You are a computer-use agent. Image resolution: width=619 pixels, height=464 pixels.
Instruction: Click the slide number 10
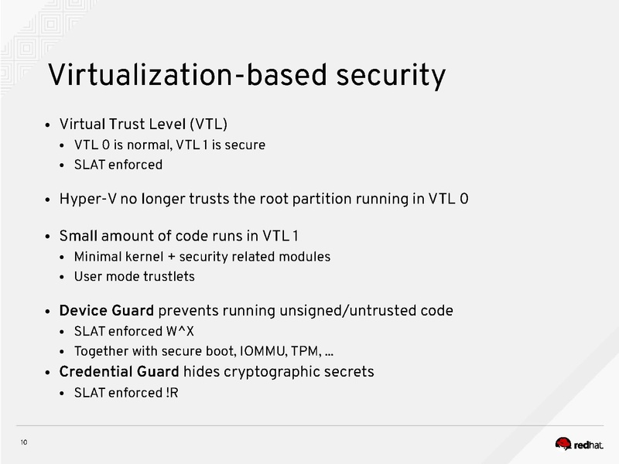click(24, 442)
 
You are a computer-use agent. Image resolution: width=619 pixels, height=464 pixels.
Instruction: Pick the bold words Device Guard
click(107, 311)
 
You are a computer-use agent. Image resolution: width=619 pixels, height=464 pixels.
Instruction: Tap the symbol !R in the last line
click(172, 393)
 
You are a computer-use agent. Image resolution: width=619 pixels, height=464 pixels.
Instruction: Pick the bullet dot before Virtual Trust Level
click(48, 126)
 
